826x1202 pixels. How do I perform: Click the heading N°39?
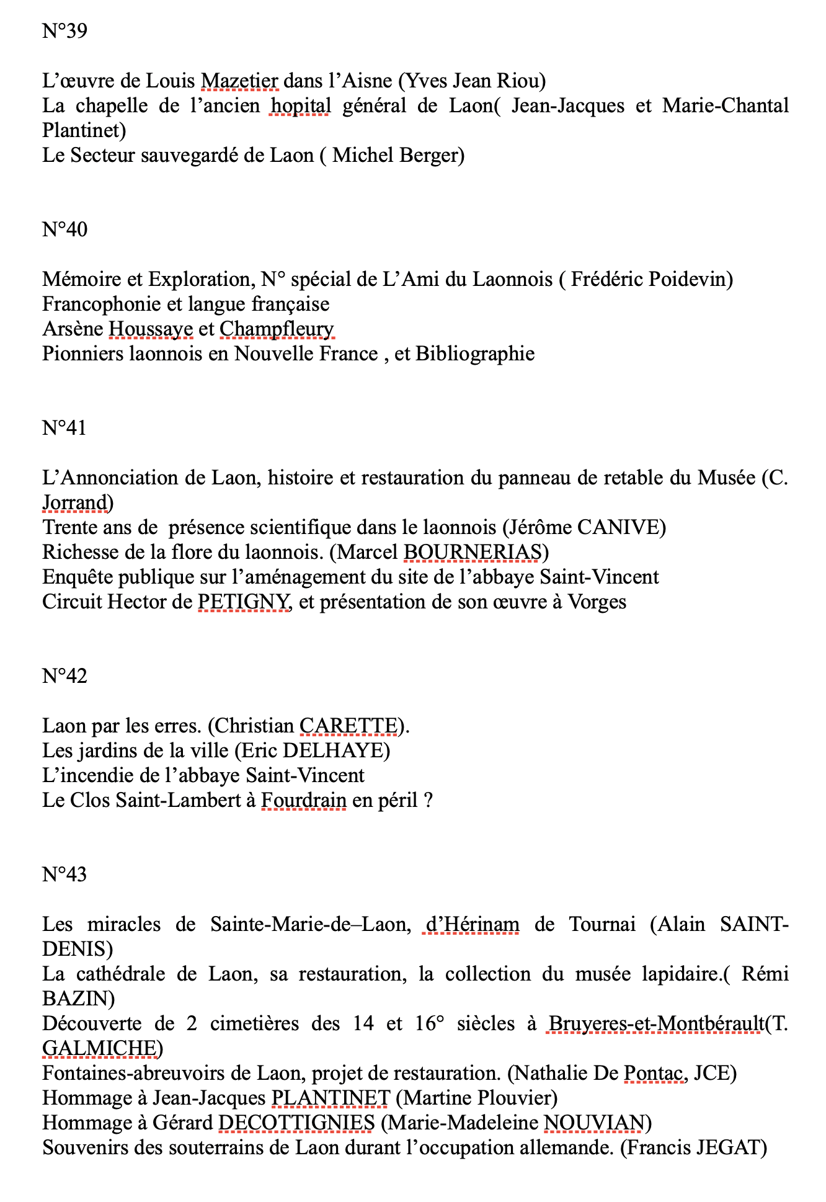click(x=64, y=31)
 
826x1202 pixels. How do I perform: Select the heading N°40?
click(x=64, y=229)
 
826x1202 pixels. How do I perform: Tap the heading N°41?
click(x=64, y=428)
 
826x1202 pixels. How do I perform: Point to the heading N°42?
click(x=64, y=676)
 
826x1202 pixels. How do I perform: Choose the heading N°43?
click(x=64, y=875)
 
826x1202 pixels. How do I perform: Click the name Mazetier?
click(x=239, y=81)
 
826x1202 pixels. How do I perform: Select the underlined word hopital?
click(x=300, y=106)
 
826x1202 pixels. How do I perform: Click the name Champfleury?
click(x=277, y=329)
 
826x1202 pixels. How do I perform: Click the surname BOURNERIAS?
click(x=473, y=553)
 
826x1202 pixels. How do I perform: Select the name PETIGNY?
click(x=243, y=602)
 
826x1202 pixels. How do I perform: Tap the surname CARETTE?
click(x=349, y=726)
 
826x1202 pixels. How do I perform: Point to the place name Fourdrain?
click(x=303, y=801)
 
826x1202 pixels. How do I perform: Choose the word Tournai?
click(x=602, y=925)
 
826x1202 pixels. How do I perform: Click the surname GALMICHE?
click(x=99, y=1049)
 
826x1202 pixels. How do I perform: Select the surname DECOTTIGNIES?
click(x=296, y=1123)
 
